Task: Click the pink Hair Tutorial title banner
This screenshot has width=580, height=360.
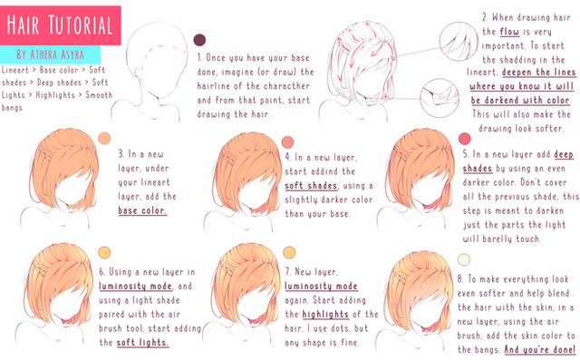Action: [x=61, y=25]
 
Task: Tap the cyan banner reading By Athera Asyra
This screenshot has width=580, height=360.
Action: [x=50, y=54]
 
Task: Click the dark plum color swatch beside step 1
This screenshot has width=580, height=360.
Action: [x=199, y=40]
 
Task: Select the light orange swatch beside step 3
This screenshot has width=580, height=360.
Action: [x=104, y=138]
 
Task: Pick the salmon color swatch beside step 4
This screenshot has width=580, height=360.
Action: [x=287, y=141]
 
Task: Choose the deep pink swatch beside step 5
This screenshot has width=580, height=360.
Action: [x=465, y=139]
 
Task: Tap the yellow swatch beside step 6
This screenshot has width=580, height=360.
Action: [x=104, y=252]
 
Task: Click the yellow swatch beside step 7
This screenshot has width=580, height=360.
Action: [x=289, y=252]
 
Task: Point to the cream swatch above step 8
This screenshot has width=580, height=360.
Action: [x=463, y=259]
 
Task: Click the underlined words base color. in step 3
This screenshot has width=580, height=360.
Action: [x=142, y=210]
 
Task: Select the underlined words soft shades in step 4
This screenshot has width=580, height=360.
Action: [x=311, y=185]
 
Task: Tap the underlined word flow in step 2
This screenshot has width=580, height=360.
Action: [x=509, y=32]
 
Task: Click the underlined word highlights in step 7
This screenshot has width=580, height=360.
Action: [x=325, y=314]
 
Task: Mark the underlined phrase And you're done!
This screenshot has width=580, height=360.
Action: [x=540, y=349]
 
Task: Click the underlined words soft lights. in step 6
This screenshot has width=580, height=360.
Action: [x=142, y=342]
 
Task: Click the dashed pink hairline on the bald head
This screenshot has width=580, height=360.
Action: [x=162, y=47]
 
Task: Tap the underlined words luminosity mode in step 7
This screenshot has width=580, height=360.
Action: [x=321, y=286]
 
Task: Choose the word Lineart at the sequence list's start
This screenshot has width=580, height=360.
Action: [x=15, y=70]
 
